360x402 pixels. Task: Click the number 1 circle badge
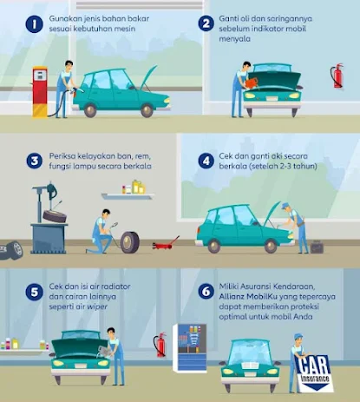(x=34, y=23)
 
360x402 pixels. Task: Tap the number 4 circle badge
(x=206, y=161)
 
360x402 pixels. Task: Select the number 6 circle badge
(x=206, y=291)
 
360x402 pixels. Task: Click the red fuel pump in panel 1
(x=40, y=92)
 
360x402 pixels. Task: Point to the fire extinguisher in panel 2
(x=337, y=76)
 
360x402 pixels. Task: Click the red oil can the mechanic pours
(x=251, y=83)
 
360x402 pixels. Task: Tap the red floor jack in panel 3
(x=165, y=244)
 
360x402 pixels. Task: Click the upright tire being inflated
(x=130, y=242)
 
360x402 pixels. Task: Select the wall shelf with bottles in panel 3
(x=128, y=196)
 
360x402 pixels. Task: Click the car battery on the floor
(x=317, y=247)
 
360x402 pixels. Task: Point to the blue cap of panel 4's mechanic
(x=285, y=206)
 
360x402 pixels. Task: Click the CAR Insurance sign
(x=314, y=373)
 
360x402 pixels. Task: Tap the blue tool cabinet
(x=189, y=348)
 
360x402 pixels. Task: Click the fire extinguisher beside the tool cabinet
(x=160, y=345)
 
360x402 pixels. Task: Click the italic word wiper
(x=97, y=306)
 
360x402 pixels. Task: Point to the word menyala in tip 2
(x=234, y=39)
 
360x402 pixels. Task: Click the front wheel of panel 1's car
(x=147, y=110)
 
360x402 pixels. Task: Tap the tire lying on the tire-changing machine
(x=55, y=216)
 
